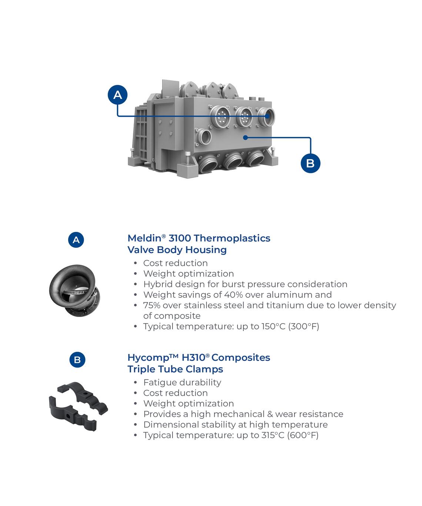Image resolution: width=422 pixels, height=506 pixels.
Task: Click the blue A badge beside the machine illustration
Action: point(118,95)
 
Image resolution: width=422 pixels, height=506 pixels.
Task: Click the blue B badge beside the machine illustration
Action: point(311,163)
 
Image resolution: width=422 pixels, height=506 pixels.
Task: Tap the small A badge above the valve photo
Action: point(76,240)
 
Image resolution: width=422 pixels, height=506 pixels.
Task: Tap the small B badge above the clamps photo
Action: point(77,360)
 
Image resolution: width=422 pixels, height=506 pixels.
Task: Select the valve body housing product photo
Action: point(74,291)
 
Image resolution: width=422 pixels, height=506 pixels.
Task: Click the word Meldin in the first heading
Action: point(144,238)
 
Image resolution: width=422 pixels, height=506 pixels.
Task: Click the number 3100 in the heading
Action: point(180,238)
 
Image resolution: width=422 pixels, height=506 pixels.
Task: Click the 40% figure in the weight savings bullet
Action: point(233,295)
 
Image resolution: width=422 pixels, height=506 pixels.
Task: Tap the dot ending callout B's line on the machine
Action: point(245,138)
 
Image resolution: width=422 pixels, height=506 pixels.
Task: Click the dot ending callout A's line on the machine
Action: point(267,116)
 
